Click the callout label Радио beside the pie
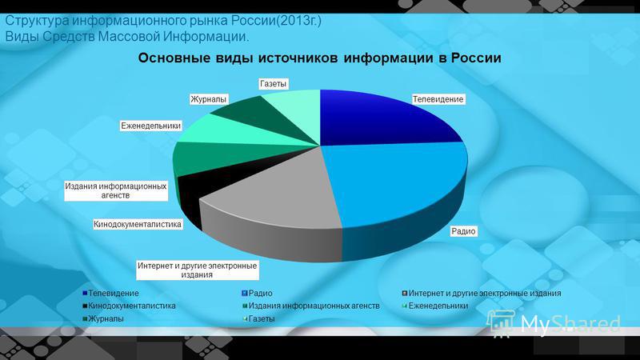coord(464,231)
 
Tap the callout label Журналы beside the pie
coord(208,98)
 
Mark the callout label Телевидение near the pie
coord(438,98)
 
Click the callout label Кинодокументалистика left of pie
coord(138,225)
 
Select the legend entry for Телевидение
coord(112,294)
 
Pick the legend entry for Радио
coord(261,294)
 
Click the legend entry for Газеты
coord(261,318)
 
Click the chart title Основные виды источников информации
coord(320,58)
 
